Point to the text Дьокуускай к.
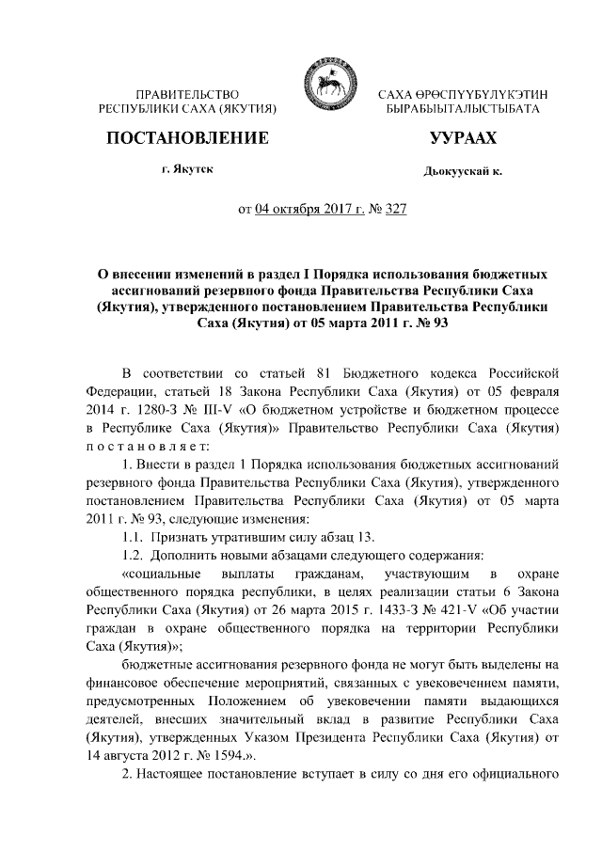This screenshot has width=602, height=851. tap(463, 173)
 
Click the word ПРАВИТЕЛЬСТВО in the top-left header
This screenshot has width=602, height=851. tap(187, 95)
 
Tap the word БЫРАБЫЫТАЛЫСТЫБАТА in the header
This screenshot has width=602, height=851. tap(462, 110)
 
